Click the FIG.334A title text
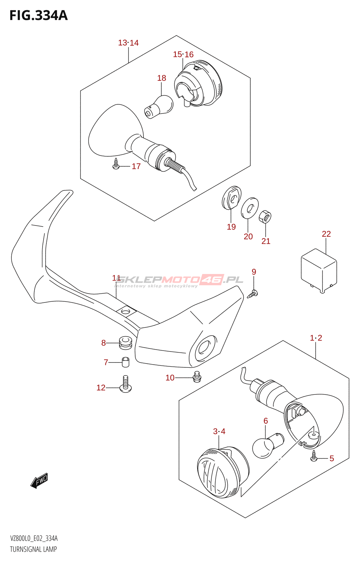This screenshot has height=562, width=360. pos(39,15)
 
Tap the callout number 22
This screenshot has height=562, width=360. pos(326,234)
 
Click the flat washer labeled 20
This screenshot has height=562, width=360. pos(250,208)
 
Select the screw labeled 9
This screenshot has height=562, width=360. pos(253,293)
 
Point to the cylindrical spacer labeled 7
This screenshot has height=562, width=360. pos(126,361)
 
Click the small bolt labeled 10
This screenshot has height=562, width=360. pos(197,377)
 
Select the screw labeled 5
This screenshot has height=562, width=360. pos(314,457)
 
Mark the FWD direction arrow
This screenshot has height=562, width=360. pos(39,481)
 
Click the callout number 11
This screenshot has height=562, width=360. pos(116,278)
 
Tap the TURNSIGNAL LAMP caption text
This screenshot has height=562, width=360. pos(33,549)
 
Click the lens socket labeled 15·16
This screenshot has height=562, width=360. pos(198,84)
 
